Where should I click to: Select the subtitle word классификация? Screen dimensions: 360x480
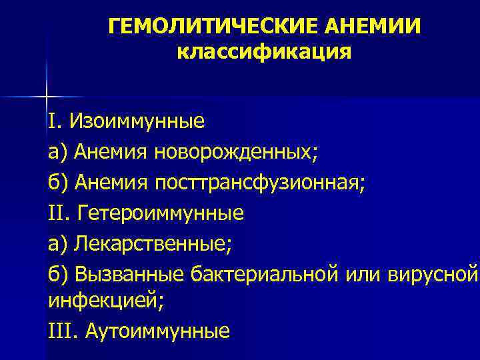click(x=264, y=51)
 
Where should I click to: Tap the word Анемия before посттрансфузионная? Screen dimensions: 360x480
click(x=112, y=183)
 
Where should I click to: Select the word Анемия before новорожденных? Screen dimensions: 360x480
click(x=112, y=153)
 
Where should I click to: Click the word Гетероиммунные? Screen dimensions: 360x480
click(x=161, y=213)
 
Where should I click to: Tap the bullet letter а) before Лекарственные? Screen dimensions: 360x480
click(x=58, y=244)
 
